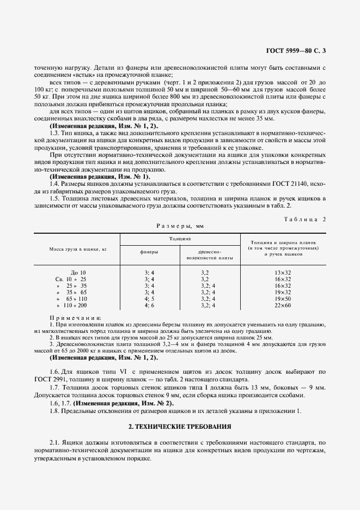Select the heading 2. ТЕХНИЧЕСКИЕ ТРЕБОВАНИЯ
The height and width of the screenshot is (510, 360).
(180, 426)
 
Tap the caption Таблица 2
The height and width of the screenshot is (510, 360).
(305, 218)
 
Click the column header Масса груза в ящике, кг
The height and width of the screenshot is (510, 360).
(76, 248)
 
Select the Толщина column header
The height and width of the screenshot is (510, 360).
(179, 239)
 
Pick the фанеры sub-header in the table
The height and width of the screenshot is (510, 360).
(149, 252)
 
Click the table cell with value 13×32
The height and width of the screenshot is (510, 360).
(283, 272)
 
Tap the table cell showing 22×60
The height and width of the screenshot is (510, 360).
(283, 306)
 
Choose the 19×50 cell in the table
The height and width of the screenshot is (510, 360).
(283, 299)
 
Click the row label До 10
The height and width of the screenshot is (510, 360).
(78, 272)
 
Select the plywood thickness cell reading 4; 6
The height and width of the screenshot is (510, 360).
(149, 306)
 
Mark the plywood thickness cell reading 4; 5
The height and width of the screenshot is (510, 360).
(149, 299)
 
